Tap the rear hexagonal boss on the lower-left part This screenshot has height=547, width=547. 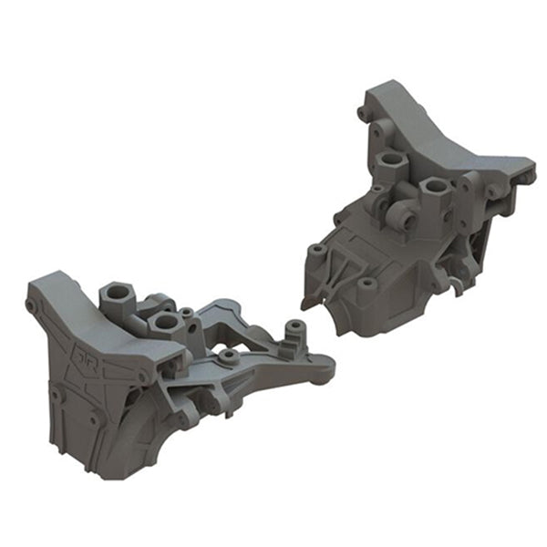(117, 294)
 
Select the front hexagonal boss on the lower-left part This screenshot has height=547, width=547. (165, 322)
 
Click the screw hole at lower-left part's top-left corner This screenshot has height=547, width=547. (36, 307)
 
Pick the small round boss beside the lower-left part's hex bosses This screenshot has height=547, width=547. (187, 313)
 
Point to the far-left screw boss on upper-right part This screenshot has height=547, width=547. (317, 249)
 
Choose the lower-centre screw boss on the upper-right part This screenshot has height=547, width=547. (366, 284)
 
